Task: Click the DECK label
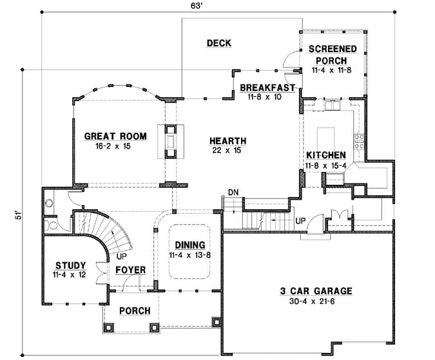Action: pyautogui.click(x=218, y=43)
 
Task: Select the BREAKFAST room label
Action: pyautogui.click(x=267, y=88)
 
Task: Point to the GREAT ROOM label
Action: pyautogui.click(x=116, y=136)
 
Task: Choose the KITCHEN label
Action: pyautogui.click(x=326, y=155)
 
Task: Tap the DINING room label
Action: pyautogui.click(x=189, y=245)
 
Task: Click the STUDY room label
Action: pyautogui.click(x=70, y=265)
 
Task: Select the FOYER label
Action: pyautogui.click(x=131, y=270)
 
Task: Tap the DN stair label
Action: pyautogui.click(x=233, y=192)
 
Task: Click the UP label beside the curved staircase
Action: pyautogui.click(x=121, y=256)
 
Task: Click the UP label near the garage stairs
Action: pyautogui.click(x=300, y=220)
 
